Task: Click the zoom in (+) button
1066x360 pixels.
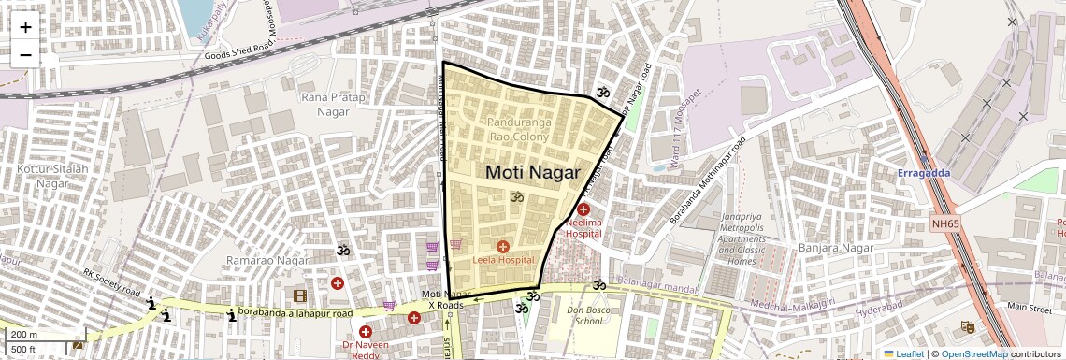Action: click(25, 27)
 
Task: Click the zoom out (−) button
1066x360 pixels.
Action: click(25, 55)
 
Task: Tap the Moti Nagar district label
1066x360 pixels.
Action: click(532, 173)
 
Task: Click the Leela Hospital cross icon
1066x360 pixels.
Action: click(503, 246)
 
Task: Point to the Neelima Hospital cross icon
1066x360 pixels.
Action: click(583, 210)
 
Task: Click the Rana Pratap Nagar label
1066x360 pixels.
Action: click(325, 104)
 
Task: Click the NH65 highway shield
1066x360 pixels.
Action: click(945, 223)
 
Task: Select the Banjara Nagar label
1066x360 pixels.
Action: click(835, 248)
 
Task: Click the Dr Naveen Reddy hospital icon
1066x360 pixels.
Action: click(366, 332)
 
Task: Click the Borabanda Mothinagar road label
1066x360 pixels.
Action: click(707, 181)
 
